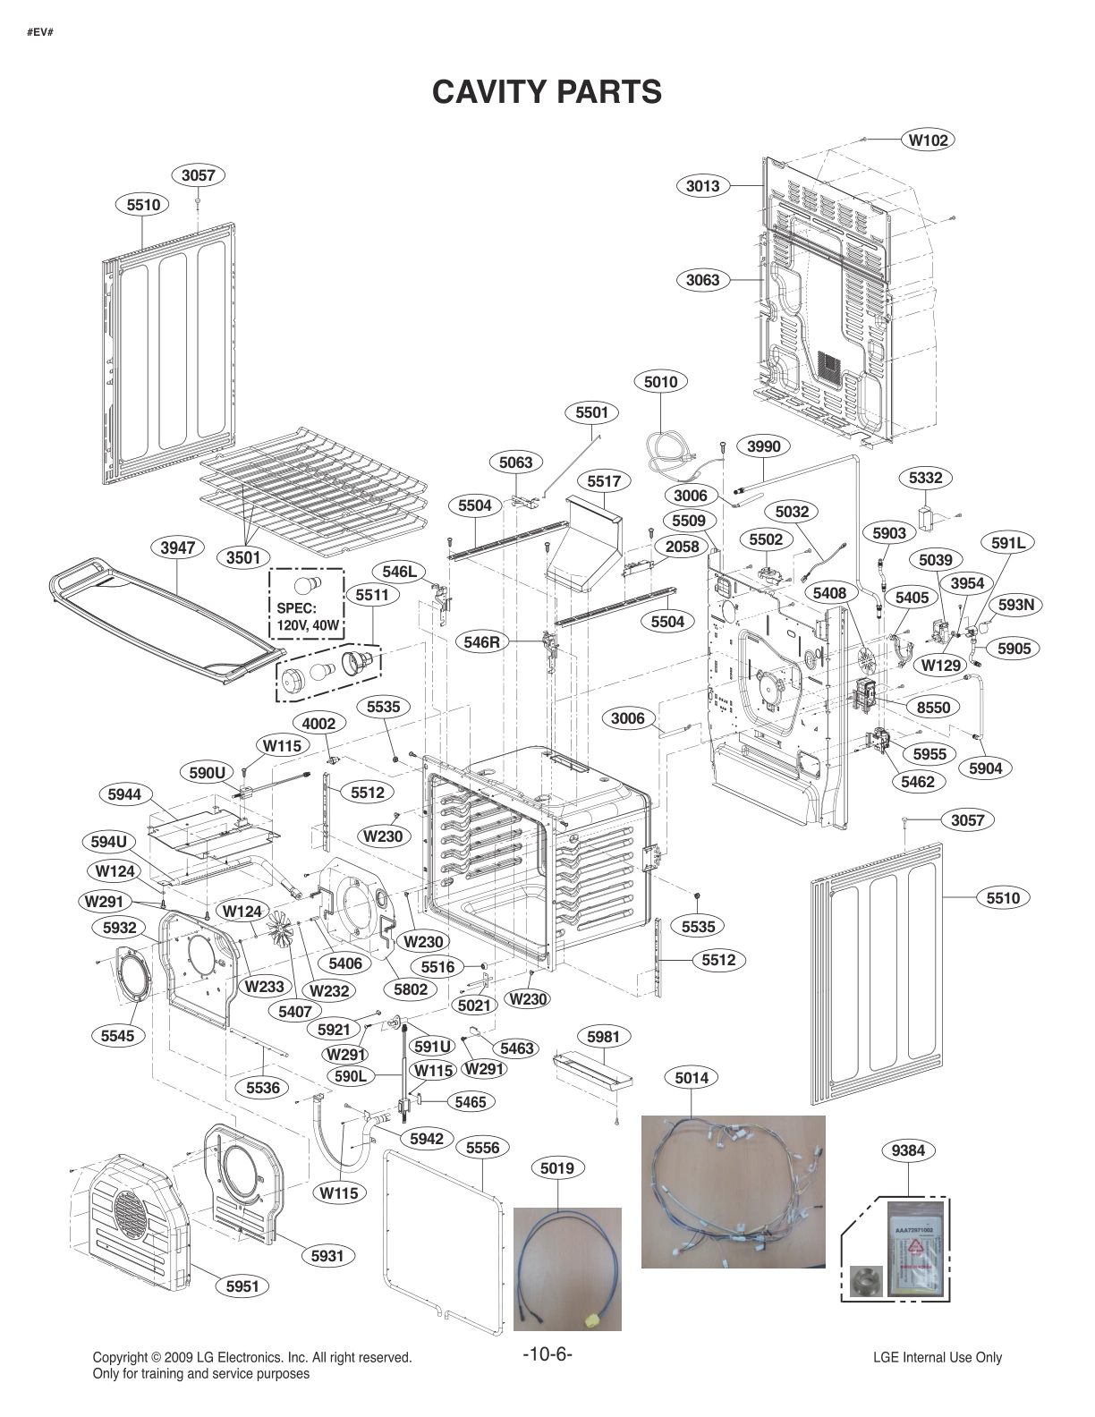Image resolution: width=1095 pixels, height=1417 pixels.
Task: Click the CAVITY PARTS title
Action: [547, 91]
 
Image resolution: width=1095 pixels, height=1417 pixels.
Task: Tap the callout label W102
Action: [928, 140]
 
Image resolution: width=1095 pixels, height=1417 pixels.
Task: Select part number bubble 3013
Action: [702, 186]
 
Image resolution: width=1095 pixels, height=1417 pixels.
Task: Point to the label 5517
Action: [604, 481]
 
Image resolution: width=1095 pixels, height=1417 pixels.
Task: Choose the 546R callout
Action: [481, 641]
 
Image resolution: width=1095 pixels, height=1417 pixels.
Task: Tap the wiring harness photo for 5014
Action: [733, 1192]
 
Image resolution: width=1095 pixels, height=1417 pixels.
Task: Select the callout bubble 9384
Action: [908, 1151]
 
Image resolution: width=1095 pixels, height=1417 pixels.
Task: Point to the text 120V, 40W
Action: [308, 626]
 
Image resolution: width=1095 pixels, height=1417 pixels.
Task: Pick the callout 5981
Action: [603, 1037]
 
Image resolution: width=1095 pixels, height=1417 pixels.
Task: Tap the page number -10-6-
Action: [547, 1353]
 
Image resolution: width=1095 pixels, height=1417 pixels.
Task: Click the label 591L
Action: [1007, 542]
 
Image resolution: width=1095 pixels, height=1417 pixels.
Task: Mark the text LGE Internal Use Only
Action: [937, 1357]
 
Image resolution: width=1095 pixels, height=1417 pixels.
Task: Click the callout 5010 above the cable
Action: [660, 382]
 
